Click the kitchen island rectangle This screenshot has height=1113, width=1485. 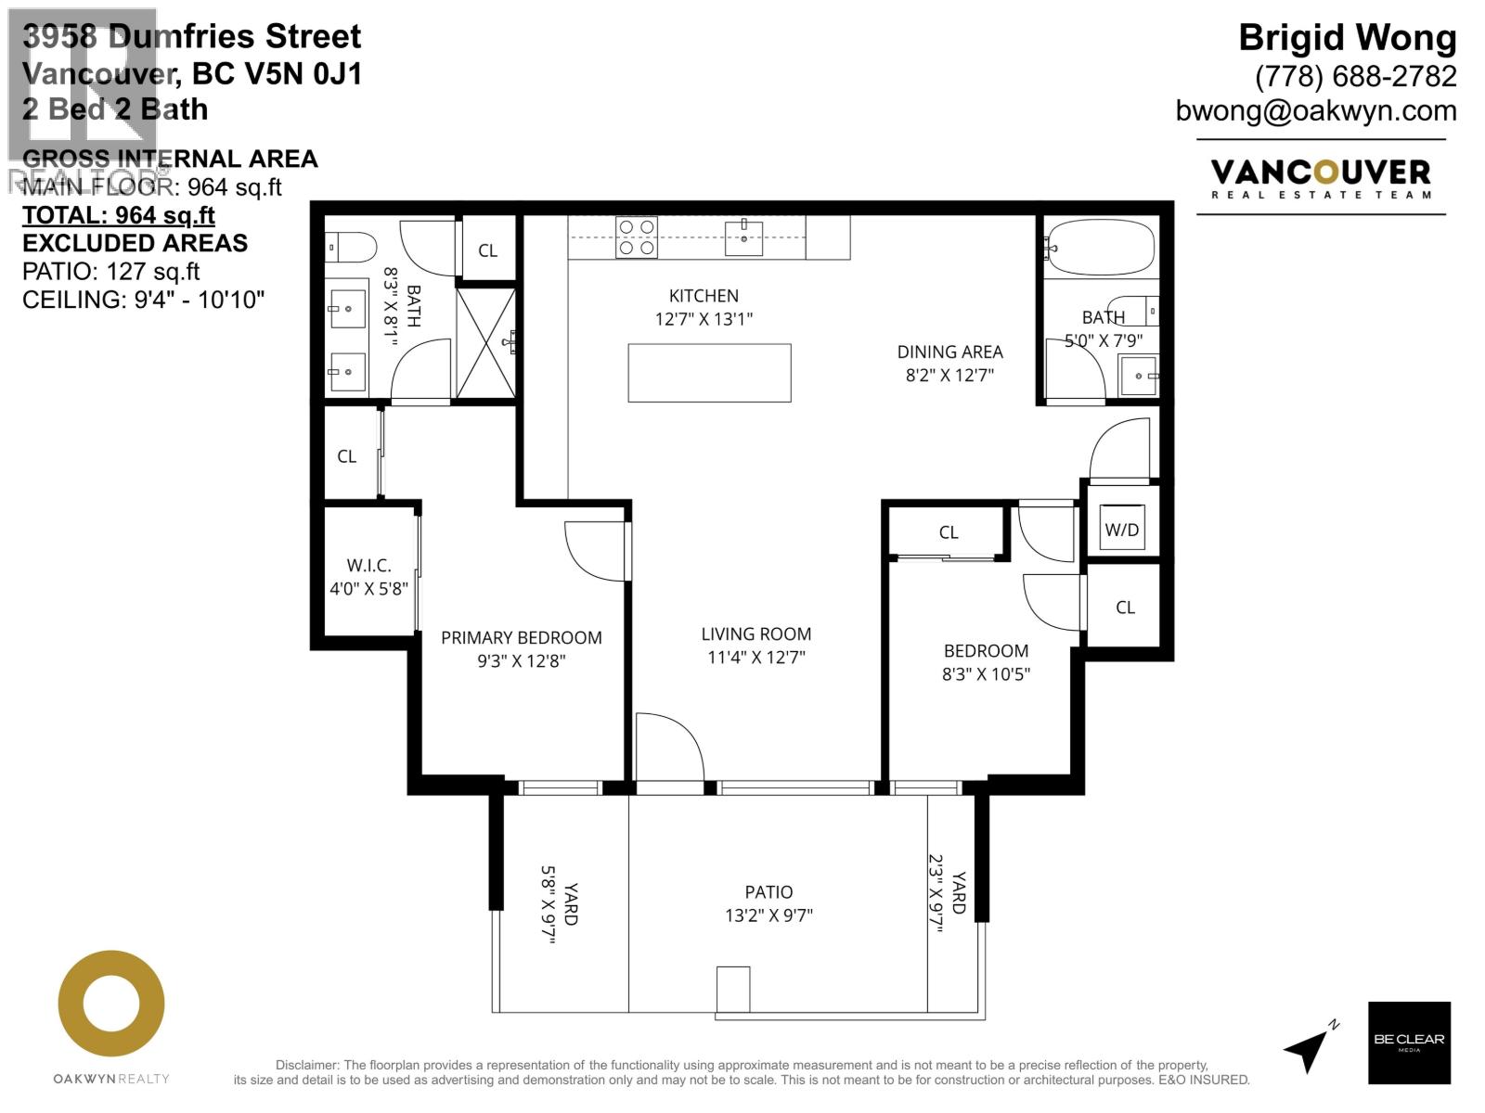coord(709,373)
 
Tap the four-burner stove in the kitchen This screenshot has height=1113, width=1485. coord(637,237)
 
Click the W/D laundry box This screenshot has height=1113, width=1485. coord(1121,530)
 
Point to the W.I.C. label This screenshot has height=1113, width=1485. coord(368,565)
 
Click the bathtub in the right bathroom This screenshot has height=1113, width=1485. coord(1101,248)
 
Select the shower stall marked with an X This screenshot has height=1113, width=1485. coord(485,343)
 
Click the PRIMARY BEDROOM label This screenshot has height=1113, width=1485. coord(521,637)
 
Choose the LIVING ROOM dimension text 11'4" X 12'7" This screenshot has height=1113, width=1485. coord(755,658)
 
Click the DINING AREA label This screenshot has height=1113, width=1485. coord(949,352)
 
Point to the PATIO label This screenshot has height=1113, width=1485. coord(768,892)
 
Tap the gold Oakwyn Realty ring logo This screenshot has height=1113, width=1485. coord(111,1004)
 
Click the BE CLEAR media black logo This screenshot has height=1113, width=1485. coord(1408,1042)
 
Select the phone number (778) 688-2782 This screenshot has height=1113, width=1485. coord(1355,76)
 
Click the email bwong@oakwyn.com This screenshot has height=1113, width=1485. coord(1315,110)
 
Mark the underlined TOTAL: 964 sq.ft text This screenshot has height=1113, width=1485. coord(118,215)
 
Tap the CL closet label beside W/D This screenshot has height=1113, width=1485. coord(1125,608)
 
